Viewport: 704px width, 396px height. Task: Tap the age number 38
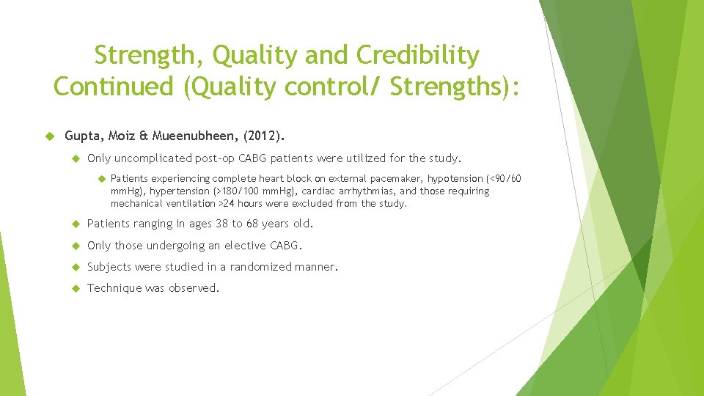click(222, 224)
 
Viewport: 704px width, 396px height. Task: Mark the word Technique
click(114, 288)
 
